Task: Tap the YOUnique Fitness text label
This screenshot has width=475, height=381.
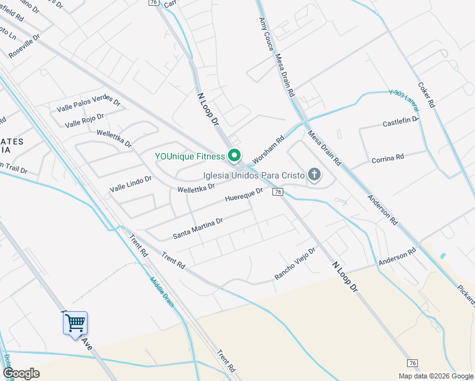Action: (190, 156)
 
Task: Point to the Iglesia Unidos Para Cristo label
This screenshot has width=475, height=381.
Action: (253, 175)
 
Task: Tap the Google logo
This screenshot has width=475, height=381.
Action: (21, 373)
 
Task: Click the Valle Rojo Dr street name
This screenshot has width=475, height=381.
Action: (84, 119)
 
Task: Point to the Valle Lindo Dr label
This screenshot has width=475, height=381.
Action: (130, 184)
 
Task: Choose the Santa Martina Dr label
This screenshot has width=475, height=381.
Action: (197, 229)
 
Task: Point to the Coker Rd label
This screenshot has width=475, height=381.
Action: (425, 94)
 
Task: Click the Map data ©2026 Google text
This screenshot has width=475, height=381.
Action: (436, 375)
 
